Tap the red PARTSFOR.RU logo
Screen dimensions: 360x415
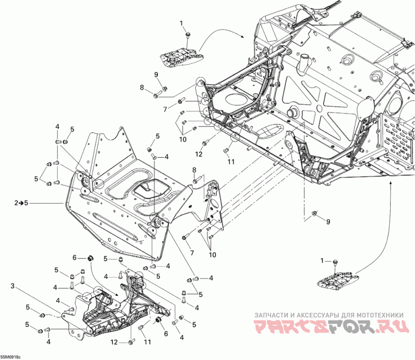coord(329,327)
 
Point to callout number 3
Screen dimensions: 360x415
coord(12,286)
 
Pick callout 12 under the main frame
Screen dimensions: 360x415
coord(199,154)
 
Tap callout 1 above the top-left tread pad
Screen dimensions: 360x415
coord(182,23)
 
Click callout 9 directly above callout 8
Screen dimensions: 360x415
coord(156,75)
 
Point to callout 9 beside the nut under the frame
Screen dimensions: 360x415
coord(328,222)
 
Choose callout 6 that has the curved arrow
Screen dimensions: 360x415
coord(75,258)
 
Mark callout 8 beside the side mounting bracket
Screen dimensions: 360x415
coord(194,170)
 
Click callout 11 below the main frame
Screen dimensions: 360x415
coord(227,162)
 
